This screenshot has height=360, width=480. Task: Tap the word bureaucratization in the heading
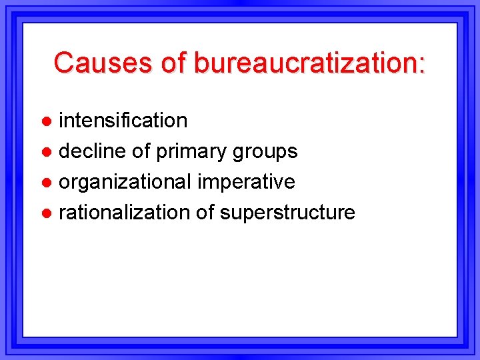[x=305, y=63]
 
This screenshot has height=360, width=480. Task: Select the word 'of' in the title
[x=174, y=63]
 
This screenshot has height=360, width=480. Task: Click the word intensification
[x=123, y=121]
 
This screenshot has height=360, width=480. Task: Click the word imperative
[x=246, y=182]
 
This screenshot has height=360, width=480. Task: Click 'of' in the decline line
[x=141, y=151]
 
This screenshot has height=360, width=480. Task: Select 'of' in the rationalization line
[x=205, y=213]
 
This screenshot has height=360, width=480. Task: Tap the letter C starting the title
[x=64, y=63]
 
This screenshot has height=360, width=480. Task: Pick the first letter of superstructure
[x=225, y=214]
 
